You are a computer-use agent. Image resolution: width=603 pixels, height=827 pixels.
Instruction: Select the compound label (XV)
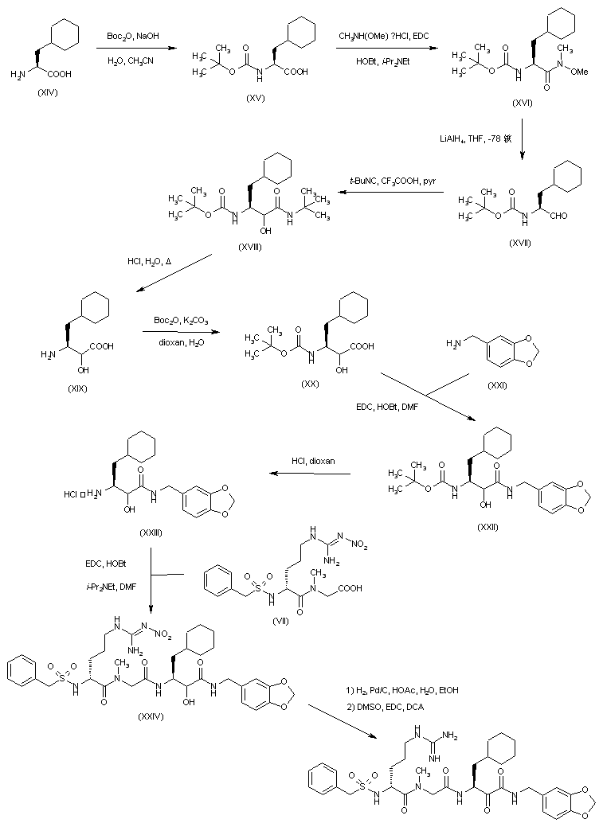point(256,97)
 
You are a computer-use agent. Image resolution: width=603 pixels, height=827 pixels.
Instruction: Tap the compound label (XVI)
point(518,103)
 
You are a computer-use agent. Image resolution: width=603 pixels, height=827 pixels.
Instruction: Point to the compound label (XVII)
point(519,241)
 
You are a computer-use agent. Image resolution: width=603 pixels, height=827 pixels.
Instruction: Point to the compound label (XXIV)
point(150,716)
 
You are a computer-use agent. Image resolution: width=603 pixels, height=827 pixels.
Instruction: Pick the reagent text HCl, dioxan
point(312,461)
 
